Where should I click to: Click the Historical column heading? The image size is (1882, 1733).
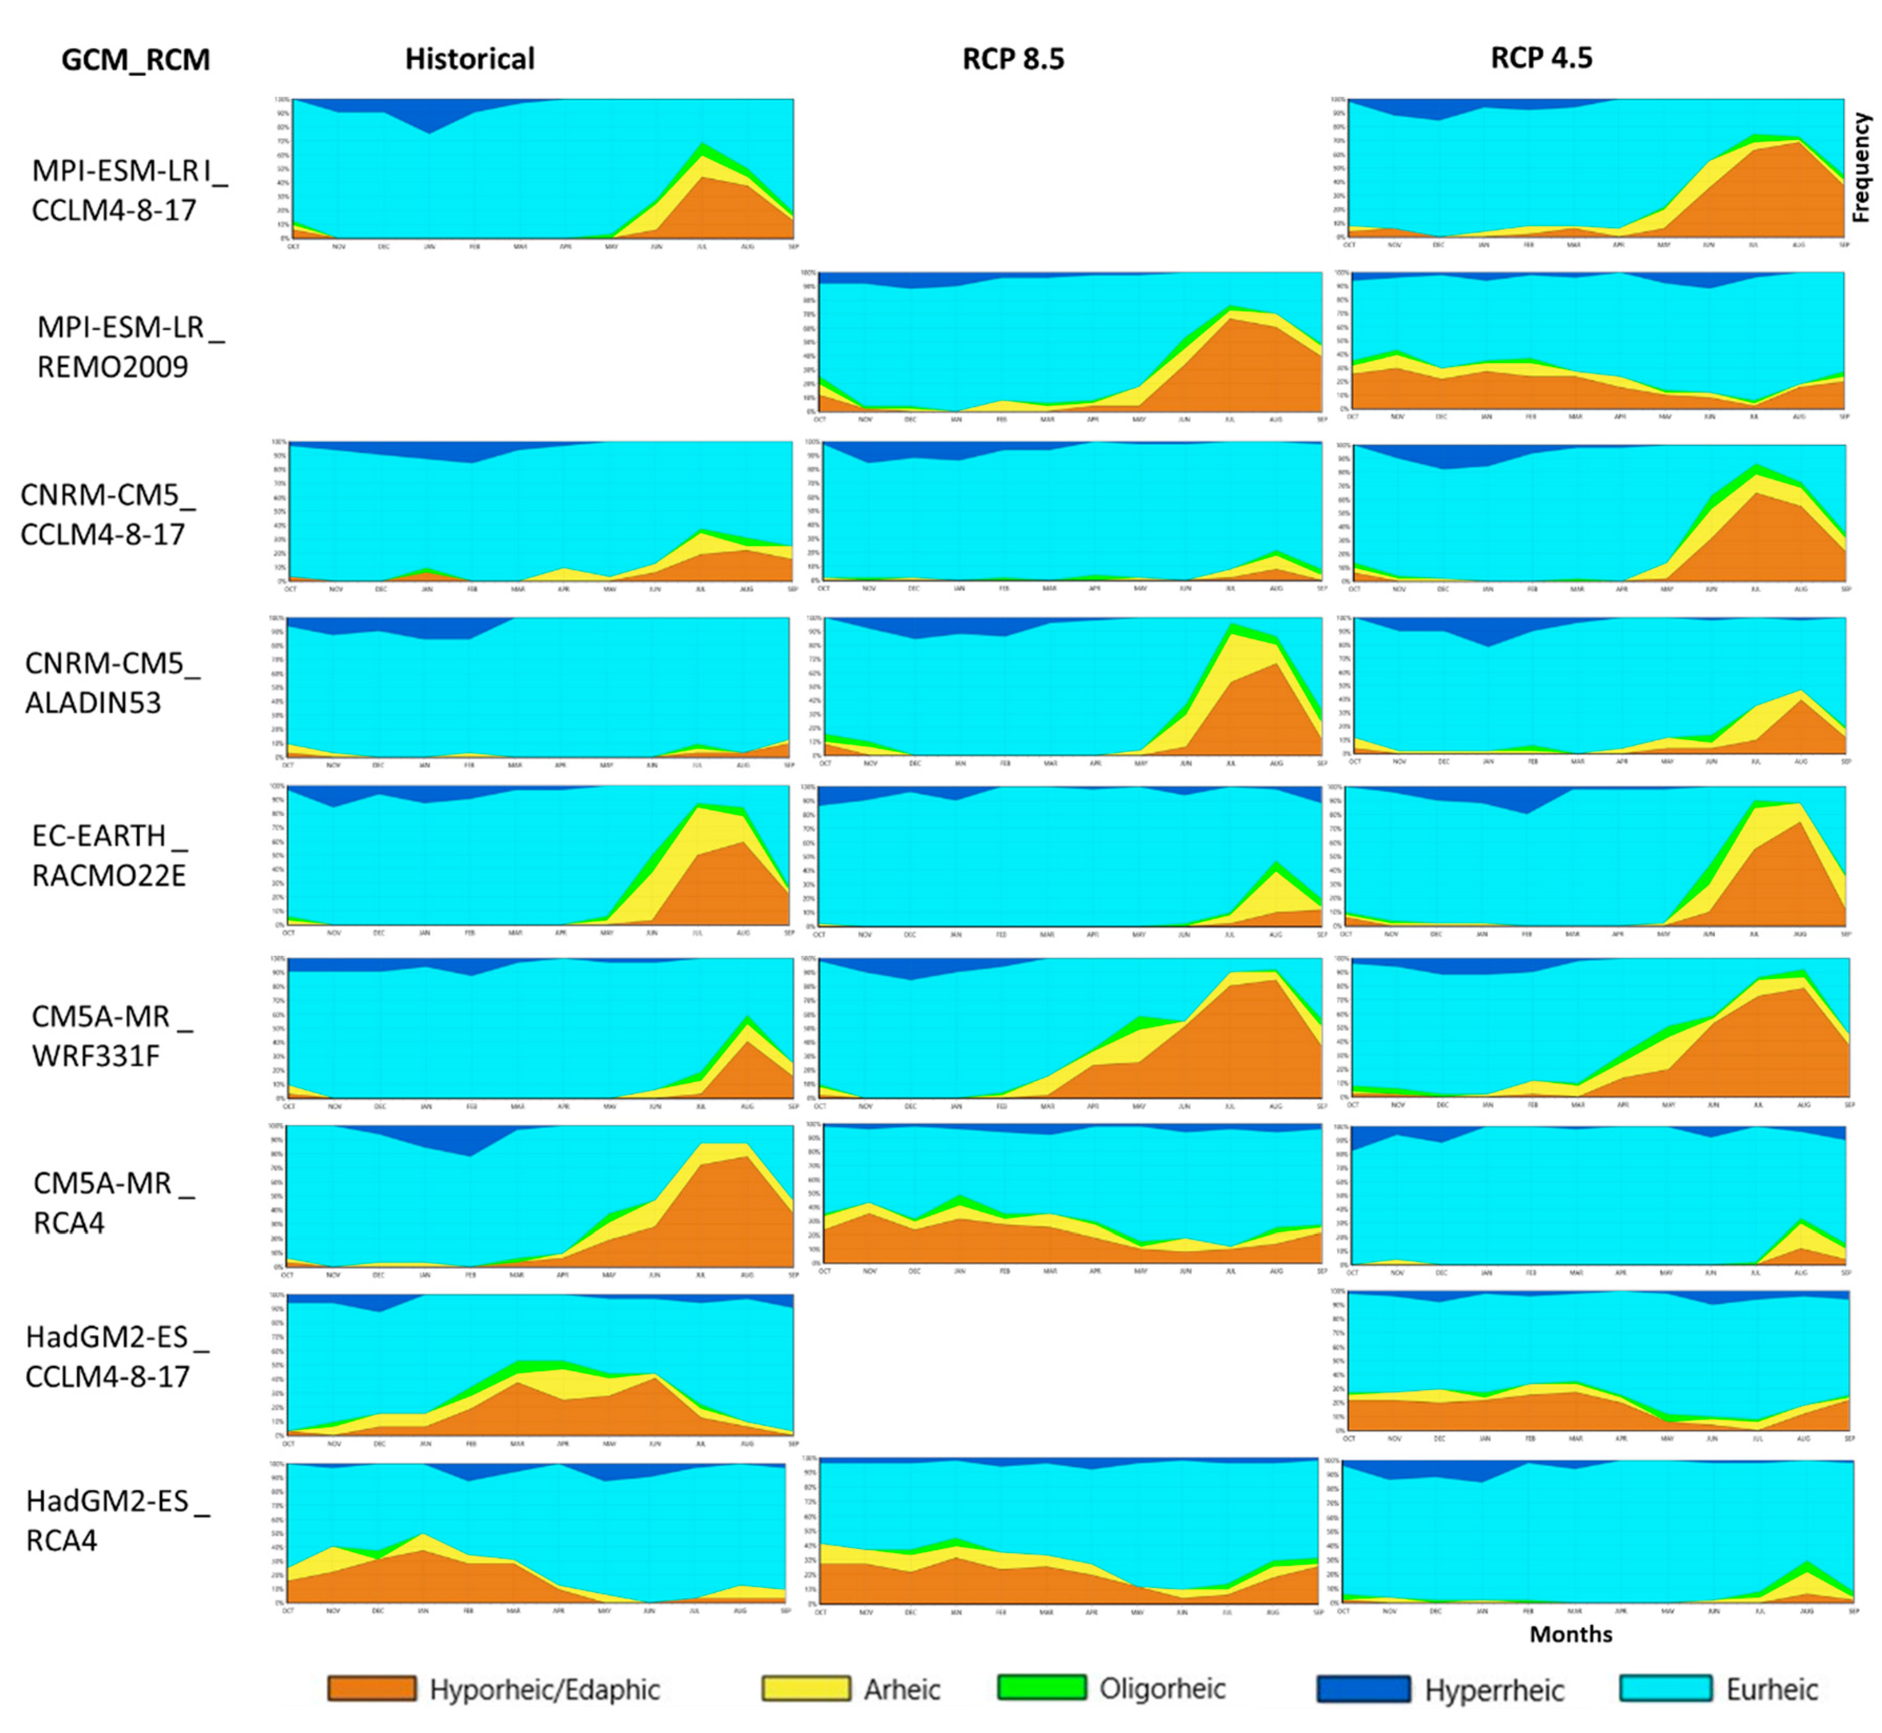point(470,59)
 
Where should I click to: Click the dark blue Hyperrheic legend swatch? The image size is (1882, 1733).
point(1362,1689)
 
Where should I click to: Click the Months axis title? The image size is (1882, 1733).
point(1571,1634)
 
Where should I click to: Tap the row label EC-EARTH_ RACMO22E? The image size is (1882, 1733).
point(110,855)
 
